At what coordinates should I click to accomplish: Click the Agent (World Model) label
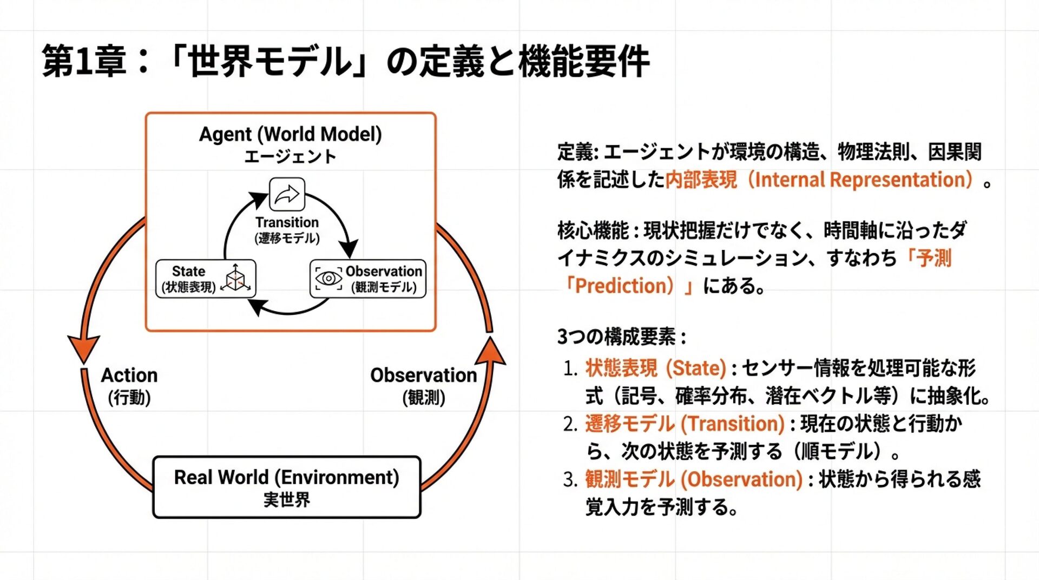pos(290,134)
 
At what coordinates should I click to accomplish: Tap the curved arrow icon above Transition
pos(287,194)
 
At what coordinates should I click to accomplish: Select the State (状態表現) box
pos(206,279)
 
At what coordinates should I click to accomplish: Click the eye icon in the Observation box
pos(328,279)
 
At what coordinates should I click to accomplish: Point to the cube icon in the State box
pos(236,278)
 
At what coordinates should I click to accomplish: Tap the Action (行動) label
pos(129,385)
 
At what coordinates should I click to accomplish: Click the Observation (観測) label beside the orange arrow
pos(423,385)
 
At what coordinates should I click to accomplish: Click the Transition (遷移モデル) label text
pos(287,230)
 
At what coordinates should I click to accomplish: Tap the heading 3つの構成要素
pos(621,337)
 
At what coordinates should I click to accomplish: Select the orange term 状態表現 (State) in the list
pos(655,368)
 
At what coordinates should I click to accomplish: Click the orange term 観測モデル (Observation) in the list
pos(693,479)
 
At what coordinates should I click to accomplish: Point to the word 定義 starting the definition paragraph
pos(575,152)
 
